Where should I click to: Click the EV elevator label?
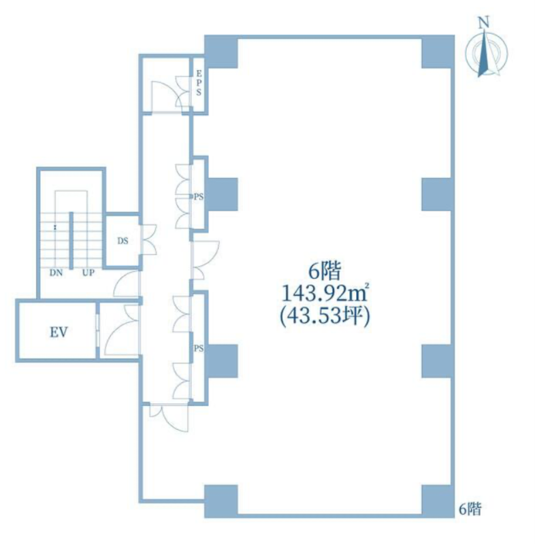point(59,333)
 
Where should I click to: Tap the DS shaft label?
point(123,241)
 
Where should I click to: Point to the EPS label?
point(199,83)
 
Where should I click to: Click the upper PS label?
point(199,197)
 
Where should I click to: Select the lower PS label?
point(199,349)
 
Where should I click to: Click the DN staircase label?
point(56,273)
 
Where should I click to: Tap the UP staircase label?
point(88,273)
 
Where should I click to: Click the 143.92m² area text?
point(325,294)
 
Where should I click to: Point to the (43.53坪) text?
point(325,317)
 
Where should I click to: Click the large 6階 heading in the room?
point(325,271)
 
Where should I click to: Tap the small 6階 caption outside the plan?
point(470,509)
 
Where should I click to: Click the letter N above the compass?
point(484,23)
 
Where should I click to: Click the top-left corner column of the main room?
point(221,52)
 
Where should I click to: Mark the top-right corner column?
point(438,52)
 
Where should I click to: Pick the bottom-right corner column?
point(438,501)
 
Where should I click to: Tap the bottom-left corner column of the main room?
point(221,501)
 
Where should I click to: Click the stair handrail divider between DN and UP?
point(71,241)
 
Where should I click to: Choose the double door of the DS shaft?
point(148,240)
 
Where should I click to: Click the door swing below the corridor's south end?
point(169,418)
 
